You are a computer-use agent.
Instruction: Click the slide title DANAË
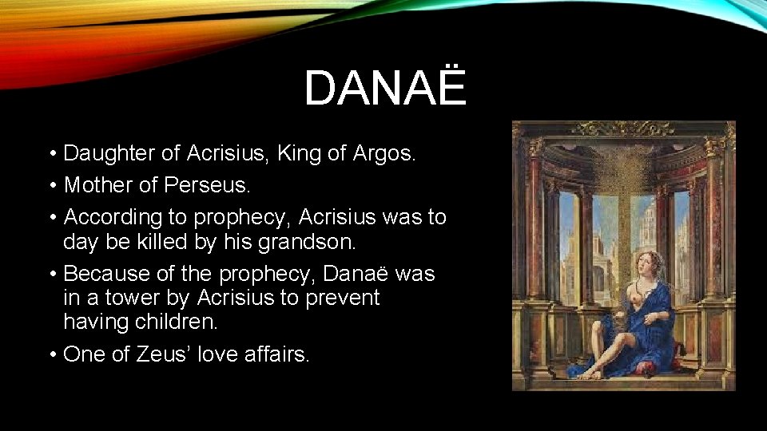(x=384, y=88)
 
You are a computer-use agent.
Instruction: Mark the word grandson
(x=310, y=241)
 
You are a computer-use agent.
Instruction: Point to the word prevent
(x=344, y=298)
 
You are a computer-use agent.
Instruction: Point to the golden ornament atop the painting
(x=623, y=128)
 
